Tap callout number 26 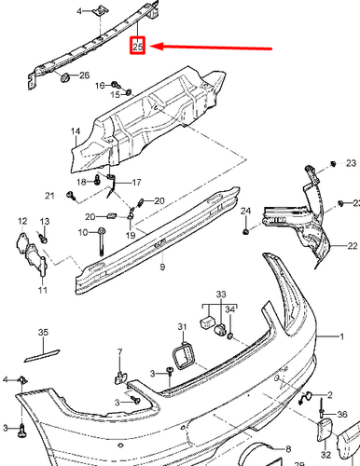[84, 75]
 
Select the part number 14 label [64, 143]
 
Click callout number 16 [101, 86]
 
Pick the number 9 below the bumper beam [161, 267]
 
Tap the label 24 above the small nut [246, 212]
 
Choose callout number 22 [353, 246]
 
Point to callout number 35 [42, 332]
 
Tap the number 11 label [42, 291]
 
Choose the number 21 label [49, 195]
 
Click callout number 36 [341, 414]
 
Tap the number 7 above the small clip [119, 351]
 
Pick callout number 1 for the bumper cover [341, 334]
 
